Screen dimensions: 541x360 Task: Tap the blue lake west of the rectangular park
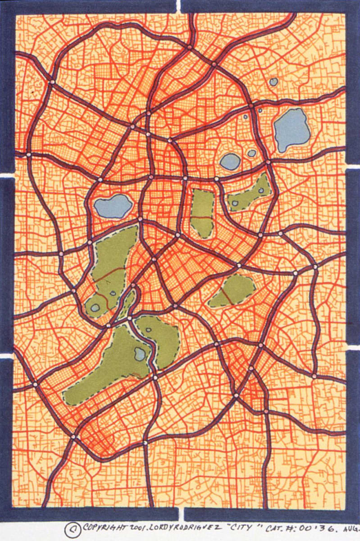113,206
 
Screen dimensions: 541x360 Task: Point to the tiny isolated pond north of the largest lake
273,82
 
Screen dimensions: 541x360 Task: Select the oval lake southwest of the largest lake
230,161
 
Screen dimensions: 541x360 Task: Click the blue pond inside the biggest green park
140,354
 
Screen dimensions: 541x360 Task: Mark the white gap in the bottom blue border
181,513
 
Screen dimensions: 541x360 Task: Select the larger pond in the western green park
95,308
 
